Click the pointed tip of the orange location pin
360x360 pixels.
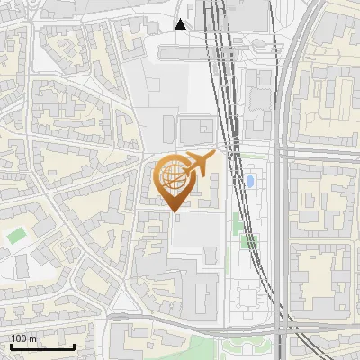[x=175, y=211]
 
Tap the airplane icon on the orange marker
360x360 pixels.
[x=198, y=164]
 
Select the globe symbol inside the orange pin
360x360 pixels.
[x=175, y=177]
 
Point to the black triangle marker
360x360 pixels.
[x=181, y=24]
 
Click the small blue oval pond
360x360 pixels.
[x=250, y=181]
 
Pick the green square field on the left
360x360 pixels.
[x=16, y=236]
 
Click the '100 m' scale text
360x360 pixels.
[x=23, y=338]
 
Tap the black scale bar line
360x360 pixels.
[x=42, y=346]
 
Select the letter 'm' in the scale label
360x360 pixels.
[x=32, y=338]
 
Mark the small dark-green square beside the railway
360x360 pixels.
[x=252, y=240]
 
